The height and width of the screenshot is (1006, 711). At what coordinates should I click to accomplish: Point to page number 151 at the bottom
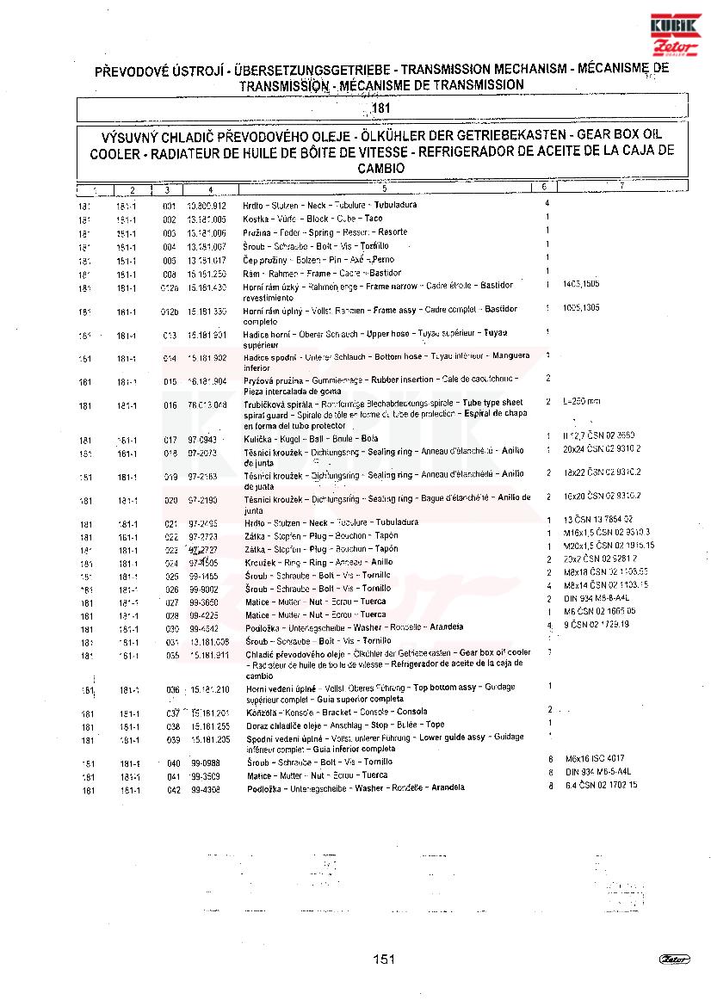[384, 959]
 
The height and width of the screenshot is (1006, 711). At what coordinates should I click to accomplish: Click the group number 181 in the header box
[381, 109]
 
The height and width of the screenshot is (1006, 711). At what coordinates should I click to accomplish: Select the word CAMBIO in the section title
[381, 169]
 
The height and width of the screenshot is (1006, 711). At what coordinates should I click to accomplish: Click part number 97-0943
[202, 440]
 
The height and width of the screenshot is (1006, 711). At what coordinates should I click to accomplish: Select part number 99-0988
[205, 762]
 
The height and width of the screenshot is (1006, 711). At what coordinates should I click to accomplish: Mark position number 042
[174, 788]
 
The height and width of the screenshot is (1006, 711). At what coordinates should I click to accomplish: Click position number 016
[170, 405]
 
